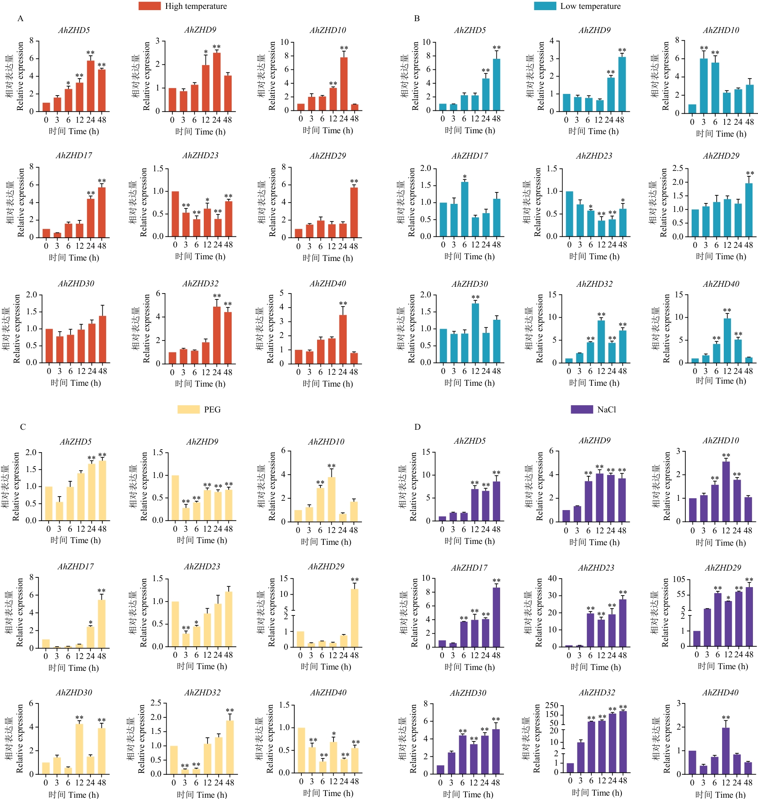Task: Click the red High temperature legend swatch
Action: (x=149, y=6)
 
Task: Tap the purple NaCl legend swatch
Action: (x=582, y=409)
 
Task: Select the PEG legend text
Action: (x=212, y=409)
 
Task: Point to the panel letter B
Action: (x=417, y=19)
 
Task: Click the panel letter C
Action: (x=23, y=427)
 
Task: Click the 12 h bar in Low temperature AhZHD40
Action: (x=727, y=340)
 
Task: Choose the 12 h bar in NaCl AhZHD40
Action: (x=726, y=750)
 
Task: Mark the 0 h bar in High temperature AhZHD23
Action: (x=175, y=214)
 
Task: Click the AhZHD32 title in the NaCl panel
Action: (x=597, y=692)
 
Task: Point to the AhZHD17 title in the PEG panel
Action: (x=76, y=566)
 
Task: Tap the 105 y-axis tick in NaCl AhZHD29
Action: (x=679, y=579)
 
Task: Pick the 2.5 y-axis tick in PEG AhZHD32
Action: (x=156, y=703)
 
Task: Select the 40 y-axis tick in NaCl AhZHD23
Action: (x=552, y=578)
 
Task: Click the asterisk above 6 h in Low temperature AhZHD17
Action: (x=465, y=177)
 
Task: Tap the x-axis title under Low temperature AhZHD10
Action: (x=721, y=134)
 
